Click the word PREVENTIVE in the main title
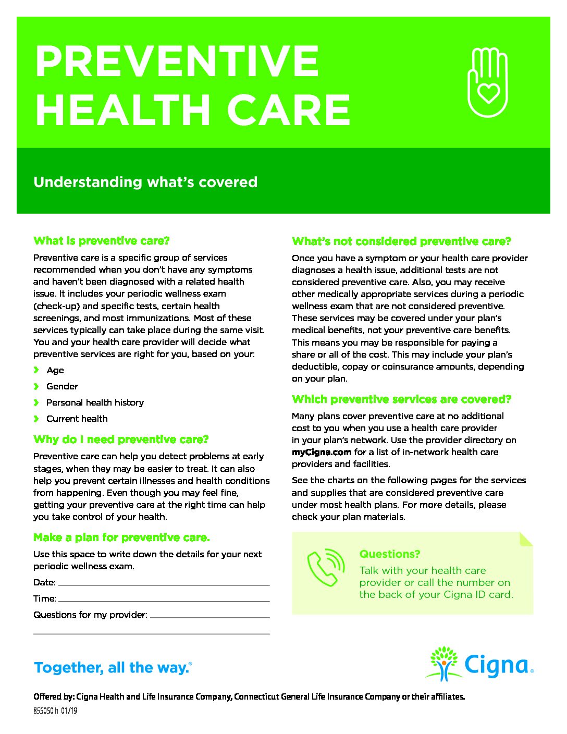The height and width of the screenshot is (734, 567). (177, 62)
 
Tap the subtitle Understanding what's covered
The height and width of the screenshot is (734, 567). (145, 182)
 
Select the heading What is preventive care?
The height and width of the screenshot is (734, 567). (102, 241)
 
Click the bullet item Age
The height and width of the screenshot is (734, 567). (55, 370)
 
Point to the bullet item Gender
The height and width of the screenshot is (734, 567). (62, 386)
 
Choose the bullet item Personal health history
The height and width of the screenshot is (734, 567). (95, 402)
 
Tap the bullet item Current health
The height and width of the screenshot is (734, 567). (77, 419)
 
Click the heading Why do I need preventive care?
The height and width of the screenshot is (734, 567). (121, 439)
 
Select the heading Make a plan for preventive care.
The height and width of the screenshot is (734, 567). (121, 537)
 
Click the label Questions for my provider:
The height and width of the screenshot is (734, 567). (90, 615)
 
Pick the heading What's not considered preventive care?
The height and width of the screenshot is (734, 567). (401, 241)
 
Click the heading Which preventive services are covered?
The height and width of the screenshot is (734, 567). (401, 399)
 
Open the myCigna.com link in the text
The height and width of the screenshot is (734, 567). (322, 452)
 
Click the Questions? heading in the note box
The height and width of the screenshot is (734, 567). (389, 554)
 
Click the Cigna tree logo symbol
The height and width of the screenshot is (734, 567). (443, 663)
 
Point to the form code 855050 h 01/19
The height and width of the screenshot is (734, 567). (55, 711)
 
